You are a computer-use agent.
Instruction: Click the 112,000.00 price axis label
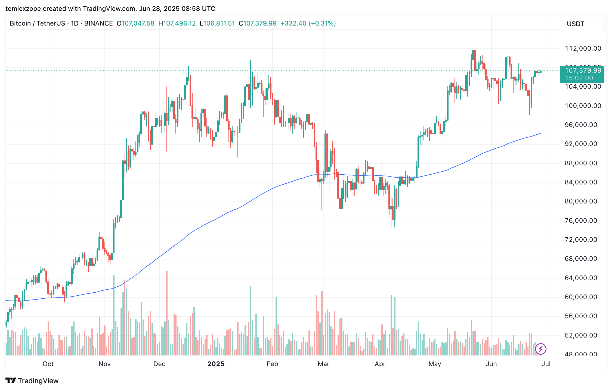coord(583,48)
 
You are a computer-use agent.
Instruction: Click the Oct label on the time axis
coord(48,364)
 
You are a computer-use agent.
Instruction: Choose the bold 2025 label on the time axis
coord(216,364)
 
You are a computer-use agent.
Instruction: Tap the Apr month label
coord(380,364)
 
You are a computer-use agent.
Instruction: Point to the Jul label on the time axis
coord(546,364)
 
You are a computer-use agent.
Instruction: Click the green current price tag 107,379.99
coord(583,70)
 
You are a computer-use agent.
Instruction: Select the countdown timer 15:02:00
coord(579,78)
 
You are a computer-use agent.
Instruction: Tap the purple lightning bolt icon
coord(540,349)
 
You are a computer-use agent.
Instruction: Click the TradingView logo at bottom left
coord(32,380)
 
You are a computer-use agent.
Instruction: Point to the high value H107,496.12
coord(177,23)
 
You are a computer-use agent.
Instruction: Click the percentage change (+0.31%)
coord(322,23)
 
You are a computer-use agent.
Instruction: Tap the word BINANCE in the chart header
coord(98,23)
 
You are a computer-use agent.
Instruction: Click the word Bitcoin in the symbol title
coord(20,23)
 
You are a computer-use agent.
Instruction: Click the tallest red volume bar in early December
coord(167,313)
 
